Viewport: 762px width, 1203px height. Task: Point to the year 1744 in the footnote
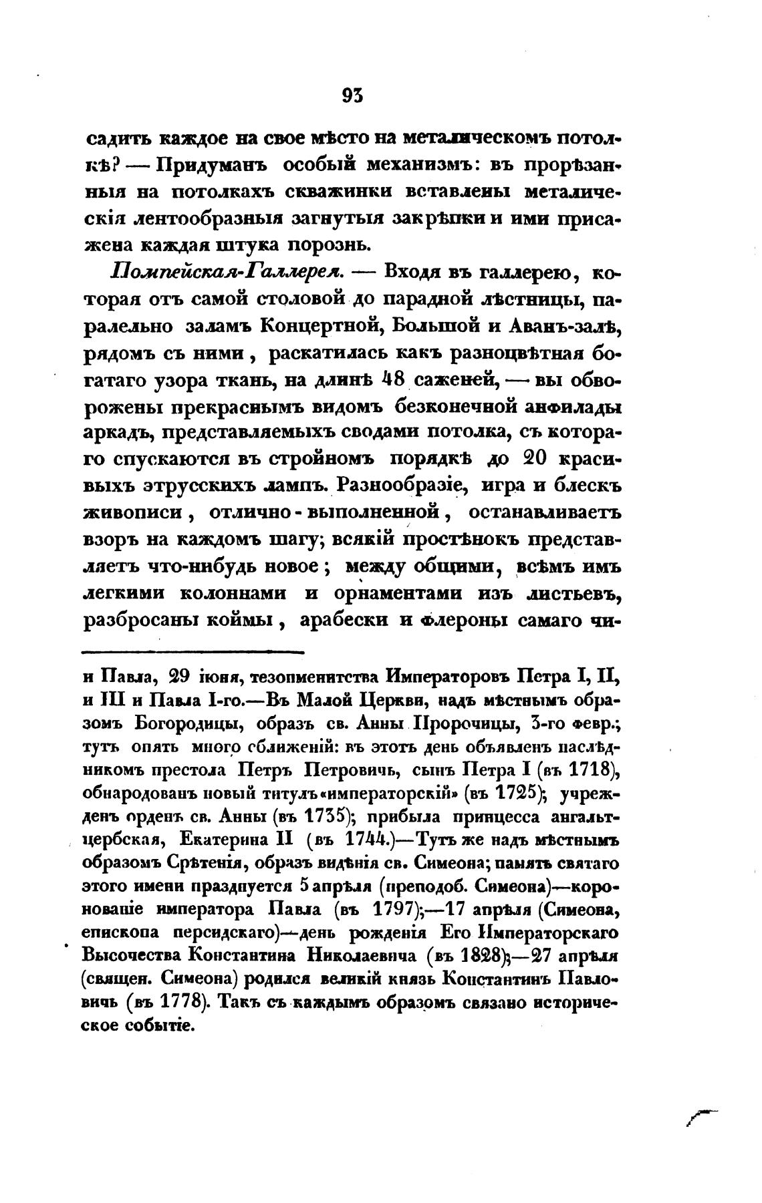point(366,838)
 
